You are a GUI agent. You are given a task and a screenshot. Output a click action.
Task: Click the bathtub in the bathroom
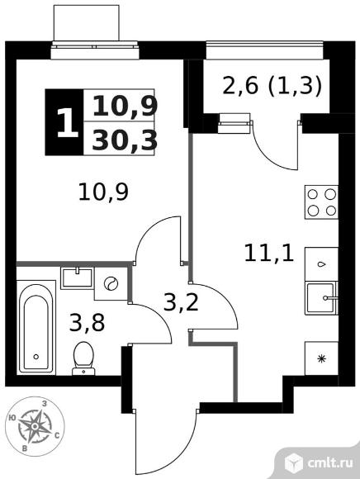(x=36, y=328)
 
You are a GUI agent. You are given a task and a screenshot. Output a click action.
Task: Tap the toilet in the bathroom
(x=83, y=358)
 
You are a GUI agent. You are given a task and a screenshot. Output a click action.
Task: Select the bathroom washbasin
(x=77, y=278)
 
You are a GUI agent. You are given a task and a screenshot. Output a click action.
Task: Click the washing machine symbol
(x=111, y=283)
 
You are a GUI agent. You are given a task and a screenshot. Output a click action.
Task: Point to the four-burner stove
(x=321, y=202)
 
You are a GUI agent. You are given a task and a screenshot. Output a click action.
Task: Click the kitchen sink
(x=321, y=298)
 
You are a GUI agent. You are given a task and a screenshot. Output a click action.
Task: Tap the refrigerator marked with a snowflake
(x=321, y=358)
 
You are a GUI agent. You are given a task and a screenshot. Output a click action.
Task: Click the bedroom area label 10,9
(x=103, y=192)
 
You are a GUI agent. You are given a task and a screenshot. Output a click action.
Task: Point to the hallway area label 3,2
(x=181, y=302)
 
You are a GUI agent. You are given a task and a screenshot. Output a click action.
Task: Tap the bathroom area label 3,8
(x=87, y=323)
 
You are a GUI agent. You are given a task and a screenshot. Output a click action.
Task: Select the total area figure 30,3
(x=125, y=140)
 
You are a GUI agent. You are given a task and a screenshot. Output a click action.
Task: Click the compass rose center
(x=36, y=426)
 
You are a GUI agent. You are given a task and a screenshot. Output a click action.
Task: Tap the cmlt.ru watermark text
(x=330, y=462)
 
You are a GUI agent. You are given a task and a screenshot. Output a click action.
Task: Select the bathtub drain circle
(x=36, y=357)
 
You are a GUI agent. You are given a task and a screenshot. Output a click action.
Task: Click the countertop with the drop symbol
(x=321, y=264)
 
